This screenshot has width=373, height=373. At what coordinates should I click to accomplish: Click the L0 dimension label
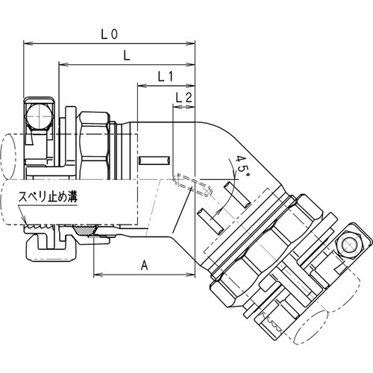click(110, 34)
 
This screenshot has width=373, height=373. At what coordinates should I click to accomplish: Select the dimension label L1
click(166, 77)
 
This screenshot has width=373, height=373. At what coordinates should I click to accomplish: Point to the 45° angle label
click(241, 166)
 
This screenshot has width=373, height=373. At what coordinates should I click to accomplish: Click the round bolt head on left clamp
click(37, 116)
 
